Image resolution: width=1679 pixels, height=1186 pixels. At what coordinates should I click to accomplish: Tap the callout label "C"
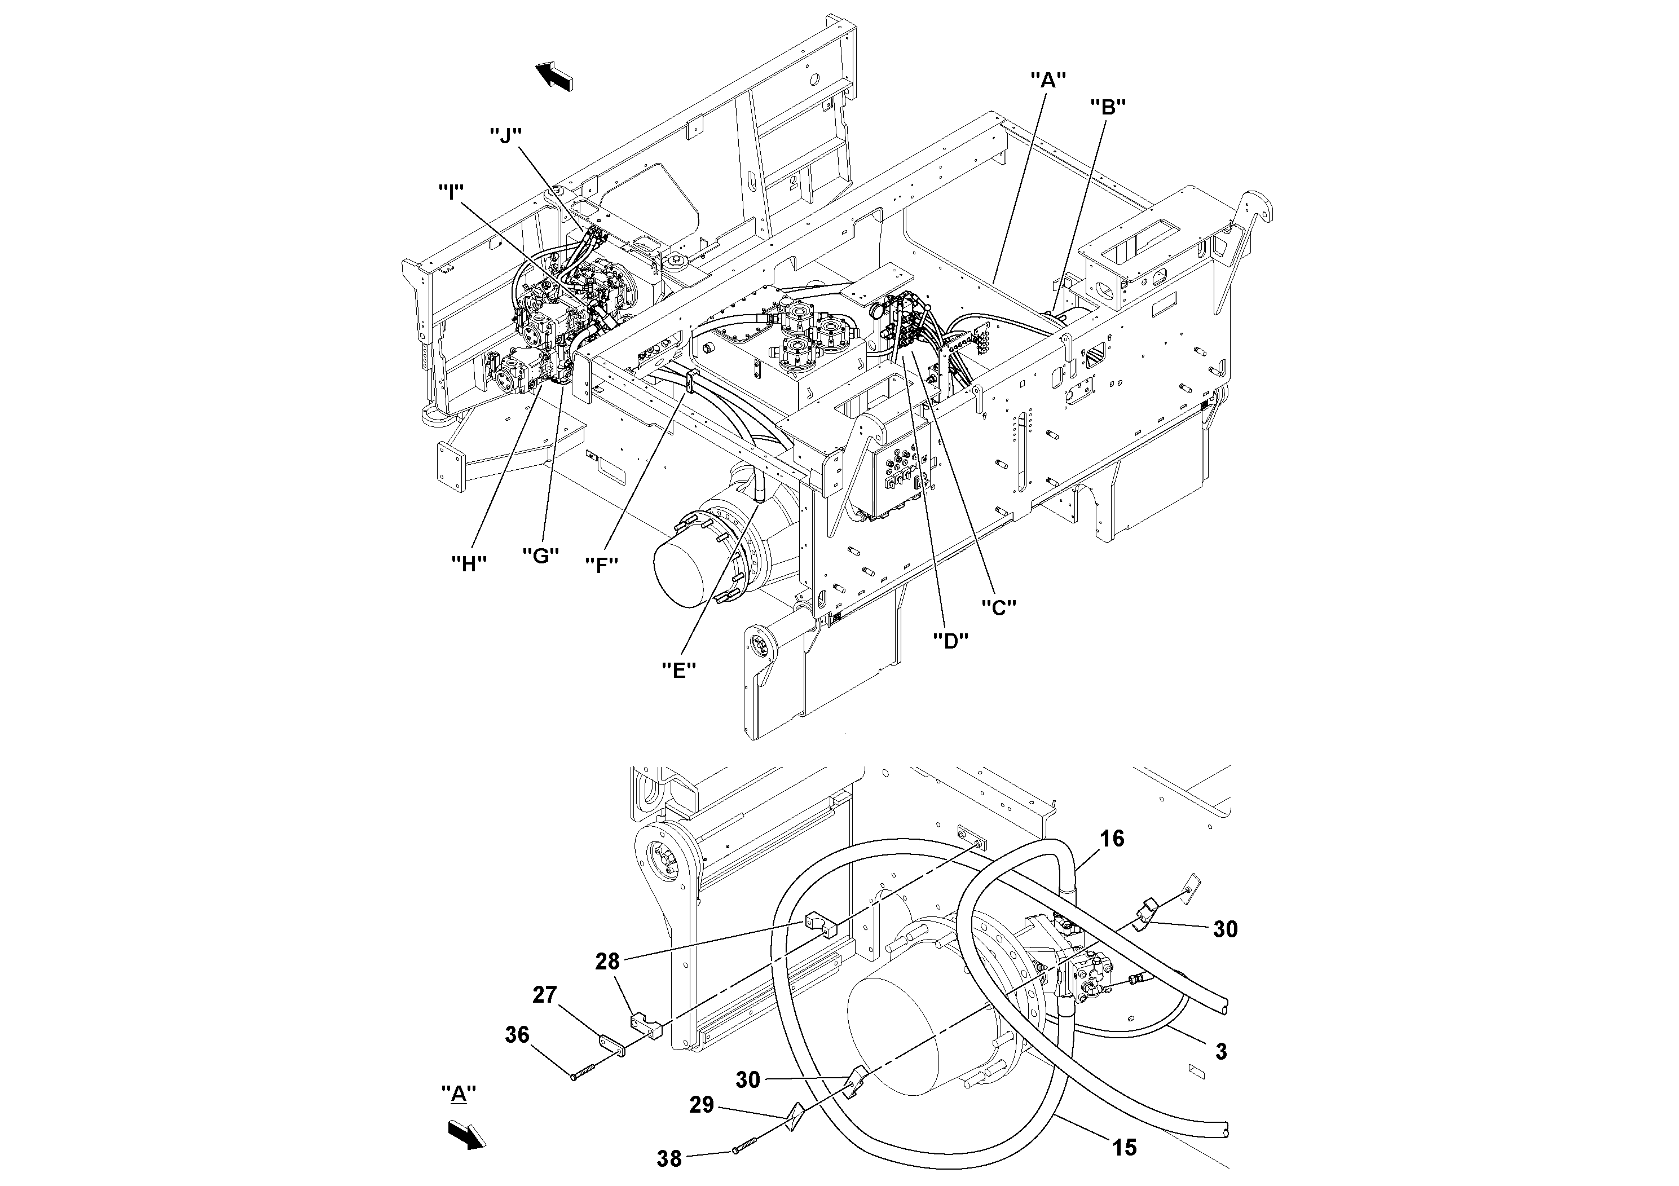coord(998,606)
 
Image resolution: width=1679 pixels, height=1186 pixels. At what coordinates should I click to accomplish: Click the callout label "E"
coord(678,670)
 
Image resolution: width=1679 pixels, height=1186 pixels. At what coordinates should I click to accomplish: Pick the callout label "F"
coord(602,565)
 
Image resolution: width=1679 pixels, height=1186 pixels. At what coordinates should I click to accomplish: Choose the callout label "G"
coord(540,555)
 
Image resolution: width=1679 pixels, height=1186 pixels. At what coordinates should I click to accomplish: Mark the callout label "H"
coord(469,563)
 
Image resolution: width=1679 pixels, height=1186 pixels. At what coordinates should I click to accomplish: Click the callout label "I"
coord(451,192)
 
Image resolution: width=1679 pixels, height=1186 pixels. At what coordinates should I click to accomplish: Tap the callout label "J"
coord(505,135)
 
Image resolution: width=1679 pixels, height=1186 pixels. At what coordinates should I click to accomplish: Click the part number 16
coord(1112,839)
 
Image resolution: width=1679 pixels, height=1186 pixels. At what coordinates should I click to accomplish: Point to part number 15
coord(1125,1148)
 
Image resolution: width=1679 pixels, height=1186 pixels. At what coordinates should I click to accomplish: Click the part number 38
coord(669,1159)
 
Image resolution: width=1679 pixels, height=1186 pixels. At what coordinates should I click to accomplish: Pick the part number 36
coord(517,1035)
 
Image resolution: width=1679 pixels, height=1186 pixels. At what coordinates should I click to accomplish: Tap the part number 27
coord(544,994)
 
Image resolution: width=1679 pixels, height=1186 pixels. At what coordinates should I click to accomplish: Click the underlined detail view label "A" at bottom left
coord(459,1095)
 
